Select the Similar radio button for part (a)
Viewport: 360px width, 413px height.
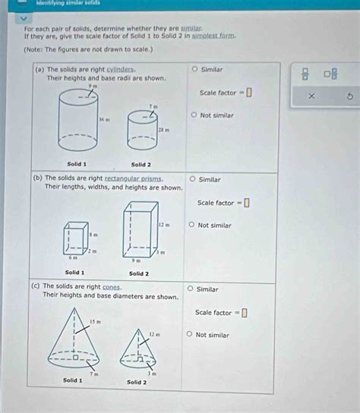click(x=195, y=69)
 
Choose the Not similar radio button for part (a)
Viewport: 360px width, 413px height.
click(x=194, y=115)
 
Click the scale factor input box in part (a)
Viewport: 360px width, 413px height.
click(x=248, y=93)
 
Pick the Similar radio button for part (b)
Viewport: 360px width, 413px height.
click(x=192, y=180)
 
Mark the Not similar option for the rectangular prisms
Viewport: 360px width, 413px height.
click(x=192, y=225)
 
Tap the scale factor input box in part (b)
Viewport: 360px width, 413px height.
click(x=246, y=203)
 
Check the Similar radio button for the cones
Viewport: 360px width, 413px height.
click(x=190, y=289)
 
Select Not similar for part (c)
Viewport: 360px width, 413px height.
click(x=190, y=335)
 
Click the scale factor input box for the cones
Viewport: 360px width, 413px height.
click(x=244, y=313)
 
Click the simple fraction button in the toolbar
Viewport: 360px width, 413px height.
click(x=305, y=74)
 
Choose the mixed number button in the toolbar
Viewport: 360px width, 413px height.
click(x=331, y=74)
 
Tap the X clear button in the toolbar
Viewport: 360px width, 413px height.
click(x=311, y=96)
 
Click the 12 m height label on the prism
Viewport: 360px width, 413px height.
click(x=163, y=225)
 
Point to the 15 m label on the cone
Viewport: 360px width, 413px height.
click(x=94, y=322)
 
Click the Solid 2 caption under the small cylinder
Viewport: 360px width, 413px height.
click(x=141, y=165)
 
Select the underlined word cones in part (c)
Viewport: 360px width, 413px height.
click(x=112, y=287)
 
